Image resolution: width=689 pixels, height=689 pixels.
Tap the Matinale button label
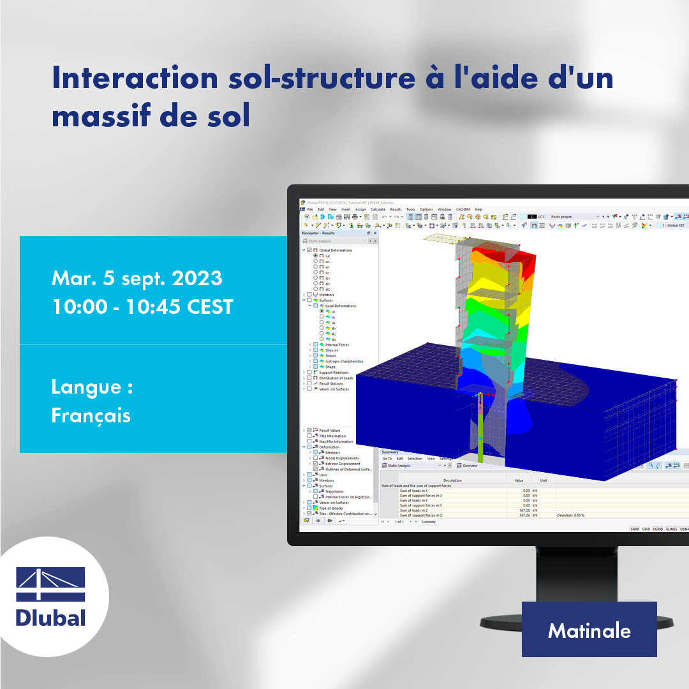tap(589, 631)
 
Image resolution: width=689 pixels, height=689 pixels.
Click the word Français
tap(91, 415)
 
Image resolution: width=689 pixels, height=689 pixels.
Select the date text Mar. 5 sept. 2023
tap(137, 278)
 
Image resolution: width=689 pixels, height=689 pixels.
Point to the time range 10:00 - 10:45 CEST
tap(142, 307)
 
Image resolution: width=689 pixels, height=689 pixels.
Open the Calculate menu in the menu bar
tap(378, 209)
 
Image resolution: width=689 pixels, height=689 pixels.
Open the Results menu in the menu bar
tap(396, 209)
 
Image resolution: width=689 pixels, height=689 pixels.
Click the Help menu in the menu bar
tap(478, 209)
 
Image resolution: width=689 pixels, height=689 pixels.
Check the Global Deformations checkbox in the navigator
tap(309, 250)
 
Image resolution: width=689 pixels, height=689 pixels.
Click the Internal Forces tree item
tap(337, 344)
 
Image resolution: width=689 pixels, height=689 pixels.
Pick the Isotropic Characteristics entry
tap(344, 361)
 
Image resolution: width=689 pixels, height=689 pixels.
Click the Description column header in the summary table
tap(452, 480)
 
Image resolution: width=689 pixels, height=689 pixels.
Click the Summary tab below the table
tap(428, 522)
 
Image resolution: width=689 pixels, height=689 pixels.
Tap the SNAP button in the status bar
tap(635, 529)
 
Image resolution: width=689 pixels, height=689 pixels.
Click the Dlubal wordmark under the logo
tap(50, 618)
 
